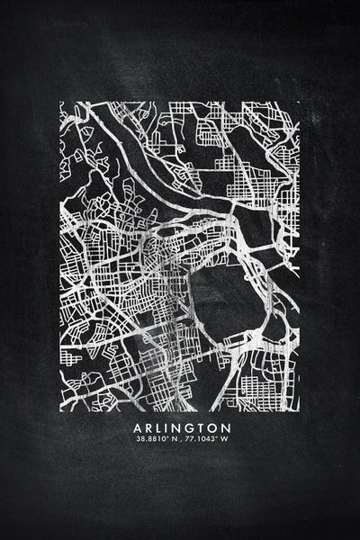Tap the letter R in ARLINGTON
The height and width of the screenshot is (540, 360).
148,427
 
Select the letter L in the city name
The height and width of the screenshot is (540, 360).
159,427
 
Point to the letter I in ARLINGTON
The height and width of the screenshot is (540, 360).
168,427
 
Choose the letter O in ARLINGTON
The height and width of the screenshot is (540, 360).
214,427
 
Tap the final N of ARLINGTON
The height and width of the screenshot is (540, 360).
226,427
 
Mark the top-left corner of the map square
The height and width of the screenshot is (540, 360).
60,102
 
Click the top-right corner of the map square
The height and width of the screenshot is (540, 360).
300,102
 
